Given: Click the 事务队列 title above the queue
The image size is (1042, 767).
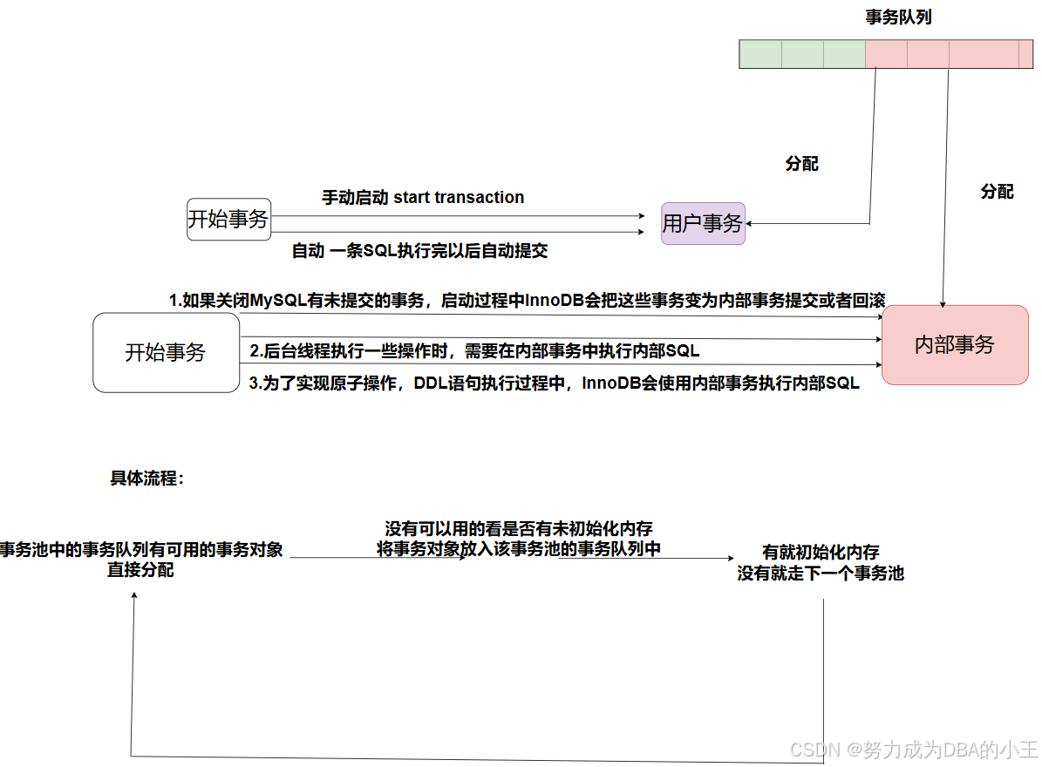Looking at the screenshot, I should (x=898, y=17).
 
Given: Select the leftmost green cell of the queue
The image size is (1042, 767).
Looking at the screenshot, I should (x=760, y=54).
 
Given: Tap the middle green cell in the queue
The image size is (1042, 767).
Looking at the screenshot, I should (x=802, y=54).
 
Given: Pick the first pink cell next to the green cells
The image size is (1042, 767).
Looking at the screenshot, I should (x=886, y=54).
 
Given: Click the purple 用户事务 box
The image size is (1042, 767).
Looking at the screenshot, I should (x=703, y=223).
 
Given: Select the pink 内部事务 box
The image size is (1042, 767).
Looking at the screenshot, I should (x=955, y=344).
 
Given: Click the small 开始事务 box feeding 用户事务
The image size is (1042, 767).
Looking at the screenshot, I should (x=228, y=219).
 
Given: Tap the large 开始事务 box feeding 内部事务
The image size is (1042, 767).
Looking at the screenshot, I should (x=166, y=352).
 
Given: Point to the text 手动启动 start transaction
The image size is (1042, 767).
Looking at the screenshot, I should (x=423, y=198).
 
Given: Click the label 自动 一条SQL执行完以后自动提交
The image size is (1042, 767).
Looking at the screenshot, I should (x=419, y=252).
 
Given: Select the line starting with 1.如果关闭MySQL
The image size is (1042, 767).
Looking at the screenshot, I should (x=527, y=301).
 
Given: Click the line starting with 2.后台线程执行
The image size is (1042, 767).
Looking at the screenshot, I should (x=474, y=350).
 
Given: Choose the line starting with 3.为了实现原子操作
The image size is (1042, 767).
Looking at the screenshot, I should (x=555, y=383).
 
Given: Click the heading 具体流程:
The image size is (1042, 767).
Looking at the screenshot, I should (x=147, y=479).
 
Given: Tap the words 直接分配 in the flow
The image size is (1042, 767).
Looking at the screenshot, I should (x=141, y=570).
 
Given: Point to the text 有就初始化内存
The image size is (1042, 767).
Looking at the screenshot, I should (x=821, y=552).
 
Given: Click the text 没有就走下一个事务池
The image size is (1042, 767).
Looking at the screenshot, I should (x=821, y=574).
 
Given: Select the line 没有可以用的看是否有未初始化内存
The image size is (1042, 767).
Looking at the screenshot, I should (x=519, y=529).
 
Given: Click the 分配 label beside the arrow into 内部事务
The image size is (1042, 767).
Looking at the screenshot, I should (x=997, y=192).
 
